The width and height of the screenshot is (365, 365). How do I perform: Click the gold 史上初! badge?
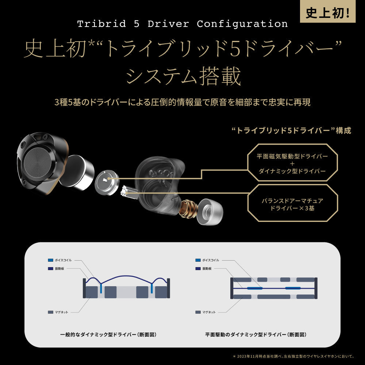[332, 12]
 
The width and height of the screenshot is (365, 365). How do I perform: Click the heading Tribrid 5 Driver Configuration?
[182, 24]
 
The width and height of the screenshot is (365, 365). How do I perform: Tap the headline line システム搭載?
[182, 77]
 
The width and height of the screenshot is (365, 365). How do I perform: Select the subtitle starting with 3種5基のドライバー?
[182, 103]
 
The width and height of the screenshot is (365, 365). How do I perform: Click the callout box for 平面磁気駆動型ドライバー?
[292, 162]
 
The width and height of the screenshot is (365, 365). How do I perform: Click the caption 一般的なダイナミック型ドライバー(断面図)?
[105, 335]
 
